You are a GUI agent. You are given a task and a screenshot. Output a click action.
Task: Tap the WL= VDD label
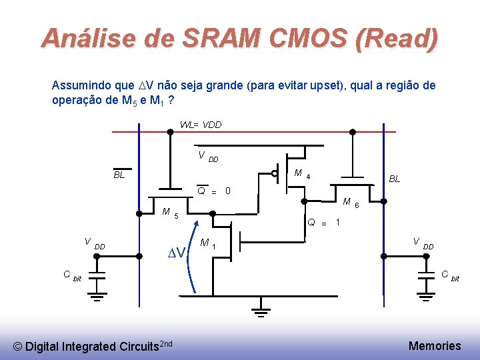pyautogui.click(x=201, y=125)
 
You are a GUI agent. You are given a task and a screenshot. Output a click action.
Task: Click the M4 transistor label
pyautogui.click(x=301, y=175)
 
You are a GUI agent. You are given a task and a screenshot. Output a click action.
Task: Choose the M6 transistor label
pyautogui.click(x=351, y=203)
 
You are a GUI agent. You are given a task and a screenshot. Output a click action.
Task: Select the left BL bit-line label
pyautogui.click(x=119, y=175)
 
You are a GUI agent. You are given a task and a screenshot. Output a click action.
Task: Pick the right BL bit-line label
pyautogui.click(x=395, y=179)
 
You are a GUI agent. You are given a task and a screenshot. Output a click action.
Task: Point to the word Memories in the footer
pyautogui.click(x=434, y=345)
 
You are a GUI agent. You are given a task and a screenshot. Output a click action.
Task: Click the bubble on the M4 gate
pyautogui.click(x=275, y=173)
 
